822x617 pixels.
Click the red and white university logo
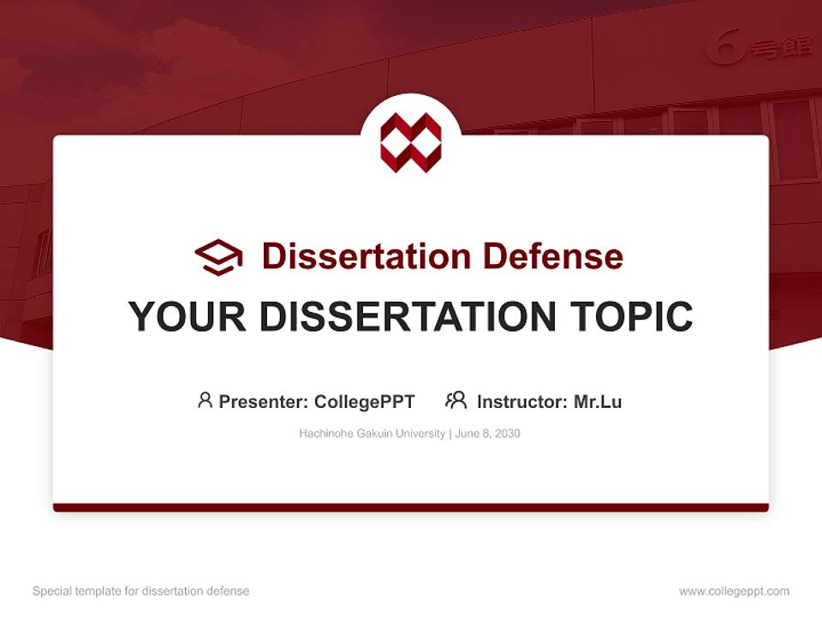tap(411, 142)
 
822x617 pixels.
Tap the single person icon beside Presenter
tap(205, 400)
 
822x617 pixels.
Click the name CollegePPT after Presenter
tap(364, 402)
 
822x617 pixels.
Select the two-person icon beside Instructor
tap(456, 400)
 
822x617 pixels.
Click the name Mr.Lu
tap(598, 402)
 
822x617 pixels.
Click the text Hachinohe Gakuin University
tap(372, 434)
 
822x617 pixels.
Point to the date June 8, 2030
tap(487, 434)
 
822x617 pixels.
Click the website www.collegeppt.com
tap(734, 591)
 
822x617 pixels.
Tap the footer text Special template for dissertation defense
tap(140, 591)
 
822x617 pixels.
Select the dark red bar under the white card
tap(411, 507)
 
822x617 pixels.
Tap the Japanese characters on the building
tap(781, 48)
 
